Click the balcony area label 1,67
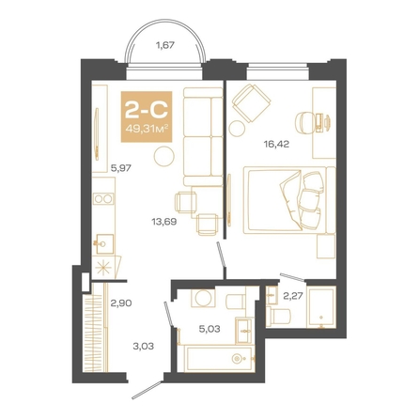coord(165,46)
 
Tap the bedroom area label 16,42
coord(276,144)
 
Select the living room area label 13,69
coord(164,222)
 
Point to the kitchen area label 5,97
coord(121,168)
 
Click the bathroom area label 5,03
coord(209,329)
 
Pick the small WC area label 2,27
coord(292,296)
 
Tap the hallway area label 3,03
coord(144,347)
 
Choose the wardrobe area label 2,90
coord(121,303)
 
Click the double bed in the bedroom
coord(289,200)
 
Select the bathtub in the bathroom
coord(219,359)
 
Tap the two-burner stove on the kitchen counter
coord(103,199)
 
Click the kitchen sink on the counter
coord(103,244)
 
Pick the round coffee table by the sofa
coord(163,156)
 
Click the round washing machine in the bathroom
coord(204,298)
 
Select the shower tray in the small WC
coord(321,308)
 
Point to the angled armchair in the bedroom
coord(251,102)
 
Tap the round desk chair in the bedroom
coord(304,122)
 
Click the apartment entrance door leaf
coord(147,390)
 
